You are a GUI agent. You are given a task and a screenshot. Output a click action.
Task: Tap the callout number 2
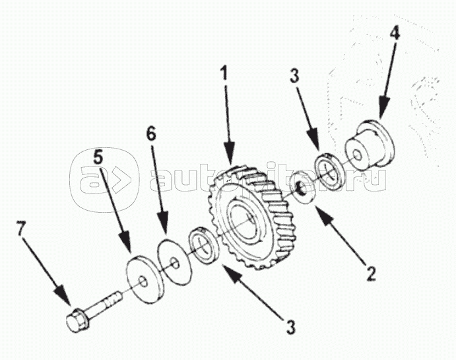tap(371, 271)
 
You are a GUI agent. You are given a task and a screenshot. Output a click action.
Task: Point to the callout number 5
tap(98, 158)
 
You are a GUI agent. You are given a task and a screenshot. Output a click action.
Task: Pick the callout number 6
tap(151, 134)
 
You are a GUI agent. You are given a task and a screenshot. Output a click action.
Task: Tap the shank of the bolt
tap(104, 305)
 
